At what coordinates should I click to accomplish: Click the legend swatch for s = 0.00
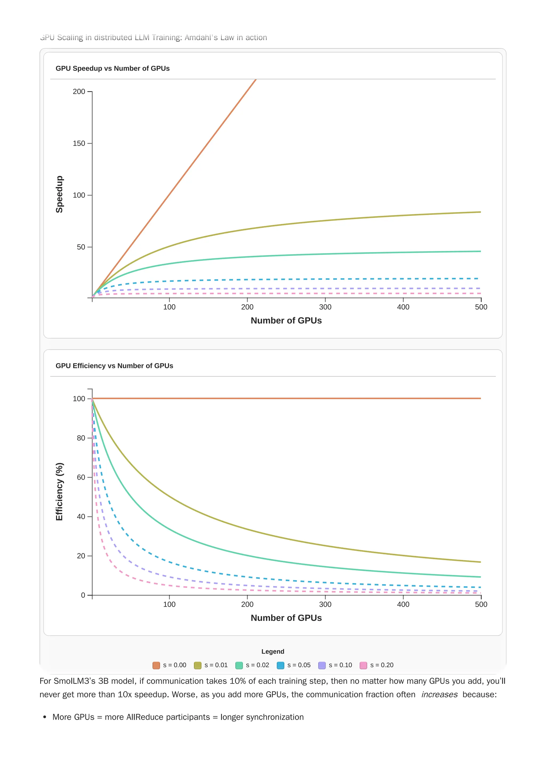156,665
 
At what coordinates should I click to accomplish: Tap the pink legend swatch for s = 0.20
363,665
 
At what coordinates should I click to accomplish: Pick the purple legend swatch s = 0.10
322,665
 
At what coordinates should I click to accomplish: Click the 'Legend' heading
273,651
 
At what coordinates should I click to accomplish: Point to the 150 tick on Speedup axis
79,143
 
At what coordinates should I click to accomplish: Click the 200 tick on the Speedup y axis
79,91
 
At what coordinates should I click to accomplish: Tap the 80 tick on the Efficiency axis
81,438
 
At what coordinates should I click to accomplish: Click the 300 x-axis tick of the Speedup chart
325,307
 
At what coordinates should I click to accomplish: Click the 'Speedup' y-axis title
59,194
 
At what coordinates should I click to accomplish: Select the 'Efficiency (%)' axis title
59,492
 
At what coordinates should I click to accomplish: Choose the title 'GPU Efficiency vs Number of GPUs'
114,366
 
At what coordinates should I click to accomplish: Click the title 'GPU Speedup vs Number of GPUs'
113,68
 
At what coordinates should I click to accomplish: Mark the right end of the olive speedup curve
480,212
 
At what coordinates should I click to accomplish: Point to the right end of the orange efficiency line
480,398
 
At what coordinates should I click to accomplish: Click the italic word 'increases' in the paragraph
439,694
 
